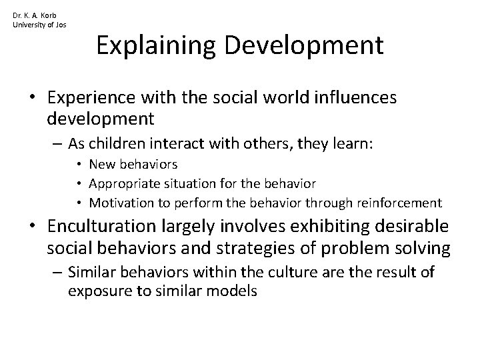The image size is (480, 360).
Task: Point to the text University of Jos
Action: (x=39, y=25)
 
